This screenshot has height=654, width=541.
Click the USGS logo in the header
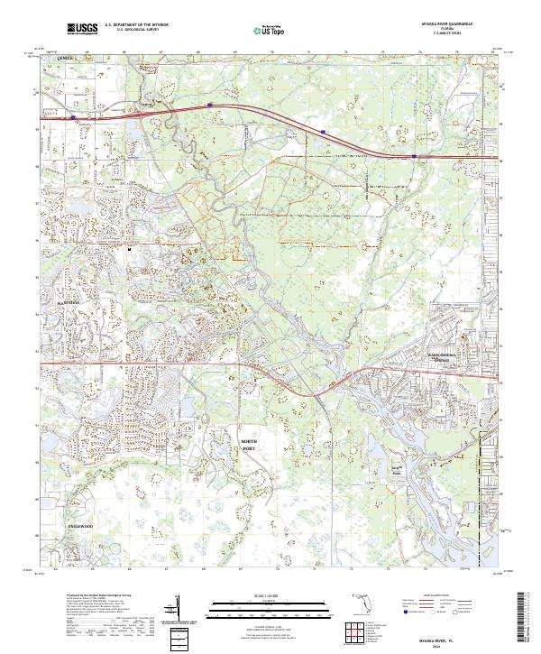tap(82, 30)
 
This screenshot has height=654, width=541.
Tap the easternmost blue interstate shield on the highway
tap(414, 156)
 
